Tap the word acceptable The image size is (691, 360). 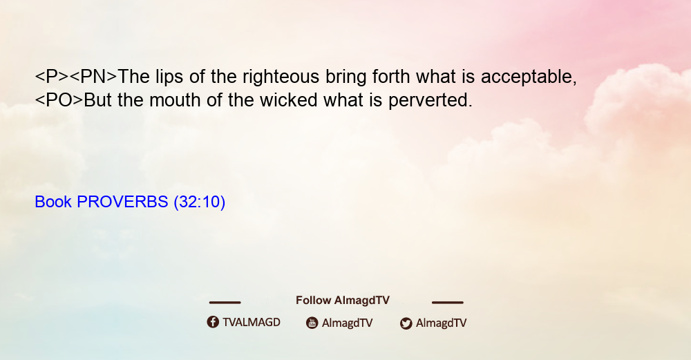pos(529,77)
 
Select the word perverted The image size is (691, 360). pos(430,101)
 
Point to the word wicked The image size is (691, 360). pos(289,100)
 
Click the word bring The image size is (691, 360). pos(346,77)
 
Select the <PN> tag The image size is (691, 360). pos(93,77)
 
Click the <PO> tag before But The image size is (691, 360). pos(59,100)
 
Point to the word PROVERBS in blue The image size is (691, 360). pos(122,202)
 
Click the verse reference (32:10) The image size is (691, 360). pos(200,202)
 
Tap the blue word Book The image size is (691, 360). pos(53,202)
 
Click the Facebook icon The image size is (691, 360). pos(213,322)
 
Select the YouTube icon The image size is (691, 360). pos(312,323)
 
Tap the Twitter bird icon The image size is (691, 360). pos(406,323)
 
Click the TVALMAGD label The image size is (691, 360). pos(252,322)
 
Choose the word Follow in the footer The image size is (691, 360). pos(313,301)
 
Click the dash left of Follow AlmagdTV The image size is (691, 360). pos(225,303)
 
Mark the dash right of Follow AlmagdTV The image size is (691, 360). pos(448,303)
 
